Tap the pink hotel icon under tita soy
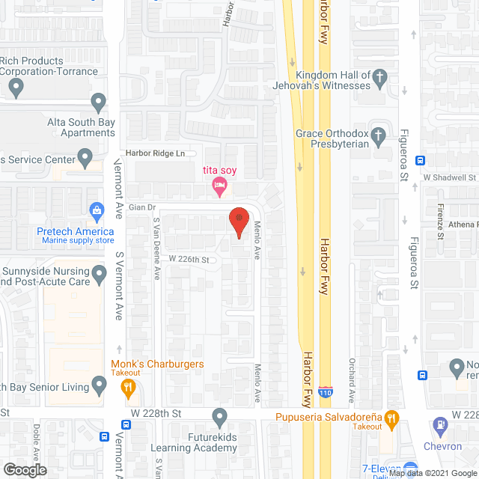click(x=219, y=186)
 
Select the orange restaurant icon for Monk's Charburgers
click(x=127, y=387)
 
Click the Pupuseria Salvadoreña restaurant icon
click(x=391, y=418)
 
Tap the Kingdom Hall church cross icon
click(x=380, y=76)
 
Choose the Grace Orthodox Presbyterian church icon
click(x=379, y=136)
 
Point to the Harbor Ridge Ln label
click(x=155, y=153)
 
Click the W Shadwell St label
click(x=449, y=177)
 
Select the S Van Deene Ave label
click(x=157, y=248)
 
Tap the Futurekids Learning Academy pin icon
click(x=219, y=415)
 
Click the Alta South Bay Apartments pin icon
click(x=97, y=102)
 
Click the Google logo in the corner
click(x=24, y=470)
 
